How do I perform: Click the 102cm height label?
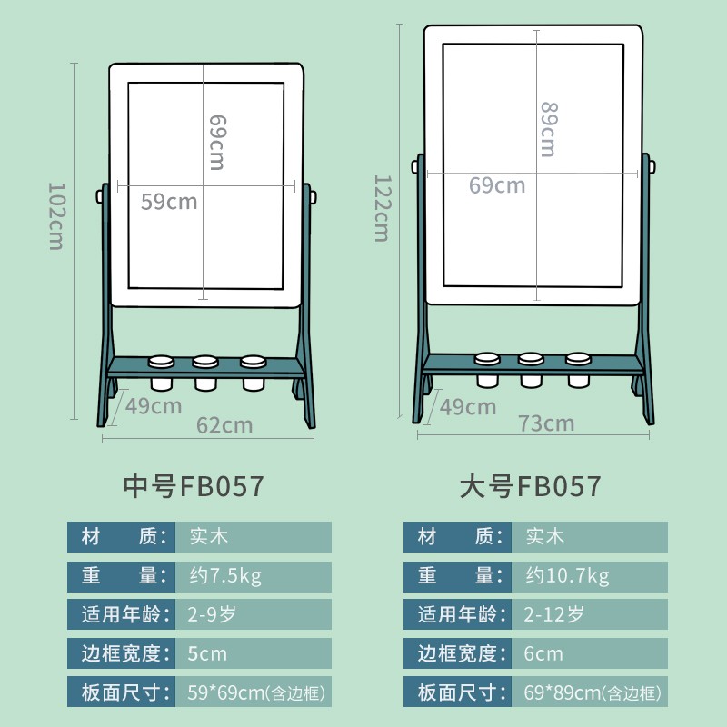[x=55, y=216]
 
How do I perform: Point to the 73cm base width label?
[x=547, y=423]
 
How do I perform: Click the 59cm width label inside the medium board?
[x=169, y=201]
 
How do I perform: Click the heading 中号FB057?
[x=194, y=486]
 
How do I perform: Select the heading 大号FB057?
[x=530, y=486]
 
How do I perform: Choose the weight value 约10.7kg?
[x=568, y=575]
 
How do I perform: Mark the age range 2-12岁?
[x=552, y=614]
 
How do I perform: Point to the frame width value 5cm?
[x=206, y=653]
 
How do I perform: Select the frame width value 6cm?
[x=543, y=653]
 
